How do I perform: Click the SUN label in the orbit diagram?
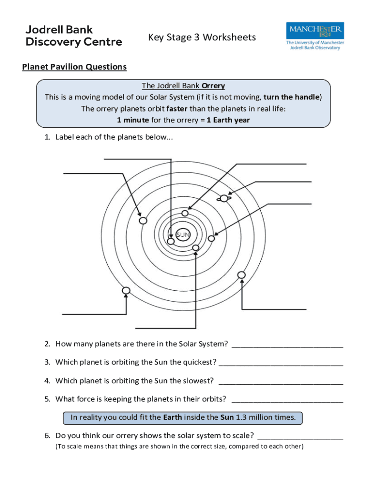point(183,234)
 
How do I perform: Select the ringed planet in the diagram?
point(224,198)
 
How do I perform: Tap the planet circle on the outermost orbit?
point(126,290)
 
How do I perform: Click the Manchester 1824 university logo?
point(315,35)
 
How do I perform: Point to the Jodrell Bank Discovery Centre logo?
point(73,36)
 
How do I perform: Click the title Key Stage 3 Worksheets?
point(202,37)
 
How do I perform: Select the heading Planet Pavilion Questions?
point(74,67)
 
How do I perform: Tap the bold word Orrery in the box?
point(213,86)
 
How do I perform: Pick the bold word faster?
point(177,109)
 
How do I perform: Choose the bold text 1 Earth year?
point(228,120)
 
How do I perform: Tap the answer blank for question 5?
point(287,400)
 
